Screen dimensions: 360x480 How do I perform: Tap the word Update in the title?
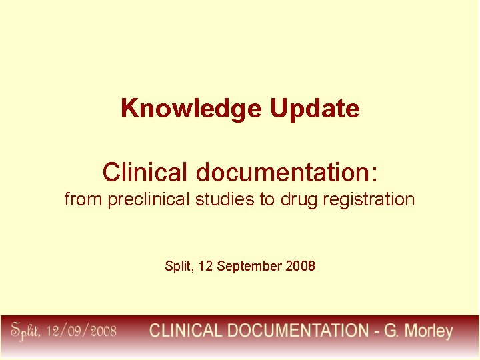click(x=315, y=108)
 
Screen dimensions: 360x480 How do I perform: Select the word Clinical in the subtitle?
click(x=145, y=172)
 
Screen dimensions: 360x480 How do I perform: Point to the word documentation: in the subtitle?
click(x=287, y=172)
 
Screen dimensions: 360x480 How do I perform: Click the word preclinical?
click(x=149, y=199)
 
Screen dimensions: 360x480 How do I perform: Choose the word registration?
click(x=370, y=199)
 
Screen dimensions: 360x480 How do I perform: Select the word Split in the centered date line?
click(x=177, y=267)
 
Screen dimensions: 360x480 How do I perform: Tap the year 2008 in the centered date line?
click(x=300, y=267)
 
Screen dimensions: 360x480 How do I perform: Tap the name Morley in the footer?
click(x=427, y=331)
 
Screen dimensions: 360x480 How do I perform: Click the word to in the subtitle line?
click(x=267, y=199)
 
